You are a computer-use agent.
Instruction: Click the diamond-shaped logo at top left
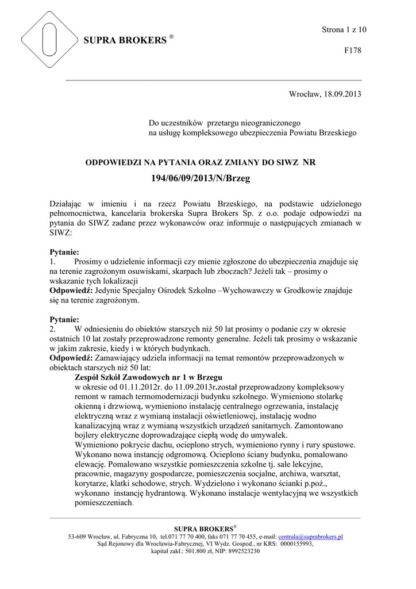click(x=49, y=40)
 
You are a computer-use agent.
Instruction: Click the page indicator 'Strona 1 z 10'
click(x=344, y=29)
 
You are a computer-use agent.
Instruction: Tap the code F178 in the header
click(x=352, y=51)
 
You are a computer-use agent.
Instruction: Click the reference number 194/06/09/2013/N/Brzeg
click(x=201, y=179)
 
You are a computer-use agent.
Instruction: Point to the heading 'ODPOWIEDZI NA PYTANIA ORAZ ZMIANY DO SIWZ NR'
click(x=201, y=163)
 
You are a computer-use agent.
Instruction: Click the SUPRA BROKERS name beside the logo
click(x=125, y=41)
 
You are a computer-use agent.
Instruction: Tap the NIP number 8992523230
click(x=242, y=551)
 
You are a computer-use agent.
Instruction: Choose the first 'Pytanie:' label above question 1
click(x=64, y=252)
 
